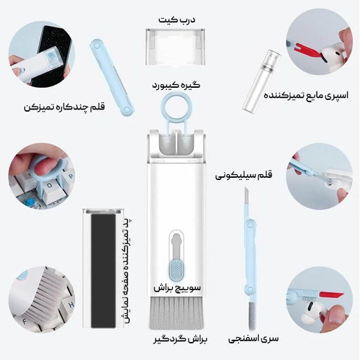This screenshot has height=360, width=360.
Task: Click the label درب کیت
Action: (x=176, y=19)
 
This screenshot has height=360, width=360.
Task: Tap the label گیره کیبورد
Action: (x=176, y=86)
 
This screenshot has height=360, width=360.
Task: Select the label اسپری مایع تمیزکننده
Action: (x=306, y=95)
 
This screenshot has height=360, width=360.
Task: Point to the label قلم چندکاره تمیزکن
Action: (x=64, y=107)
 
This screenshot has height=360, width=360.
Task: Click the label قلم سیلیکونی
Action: (x=243, y=175)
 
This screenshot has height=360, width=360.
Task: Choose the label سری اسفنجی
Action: (x=253, y=338)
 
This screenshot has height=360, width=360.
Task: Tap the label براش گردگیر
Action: (x=180, y=339)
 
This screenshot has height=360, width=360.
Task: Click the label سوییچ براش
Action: (x=177, y=288)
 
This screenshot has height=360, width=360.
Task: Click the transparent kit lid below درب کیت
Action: (x=176, y=47)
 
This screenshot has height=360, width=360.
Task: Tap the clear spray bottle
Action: (x=261, y=81)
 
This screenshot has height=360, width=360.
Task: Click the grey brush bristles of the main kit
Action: (x=176, y=313)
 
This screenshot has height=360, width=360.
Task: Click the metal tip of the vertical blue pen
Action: (x=246, y=196)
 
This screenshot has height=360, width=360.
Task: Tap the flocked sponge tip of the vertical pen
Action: (x=251, y=315)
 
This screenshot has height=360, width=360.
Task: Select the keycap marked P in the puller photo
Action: (x=70, y=176)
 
